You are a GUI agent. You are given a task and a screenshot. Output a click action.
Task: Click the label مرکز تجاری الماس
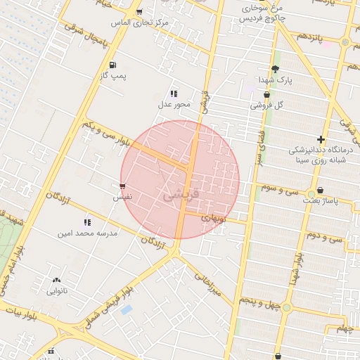tap(143, 22)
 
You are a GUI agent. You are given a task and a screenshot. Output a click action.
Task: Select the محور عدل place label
tap(174, 105)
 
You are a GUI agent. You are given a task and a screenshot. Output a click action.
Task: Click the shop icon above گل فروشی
tap(266, 95)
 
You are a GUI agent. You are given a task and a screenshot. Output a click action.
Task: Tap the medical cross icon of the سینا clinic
tap(321, 139)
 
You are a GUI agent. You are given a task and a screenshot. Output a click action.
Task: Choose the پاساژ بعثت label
tap(321, 201)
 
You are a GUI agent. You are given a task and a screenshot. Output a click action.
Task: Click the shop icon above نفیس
tap(123, 186)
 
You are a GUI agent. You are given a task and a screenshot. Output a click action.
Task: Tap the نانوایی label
tap(56, 290)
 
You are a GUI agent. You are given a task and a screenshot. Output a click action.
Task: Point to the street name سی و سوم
tap(280, 188)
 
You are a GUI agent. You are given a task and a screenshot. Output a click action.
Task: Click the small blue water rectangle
tap(127, 309)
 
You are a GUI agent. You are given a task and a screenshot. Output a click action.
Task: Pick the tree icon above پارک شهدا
tap(274, 68)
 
